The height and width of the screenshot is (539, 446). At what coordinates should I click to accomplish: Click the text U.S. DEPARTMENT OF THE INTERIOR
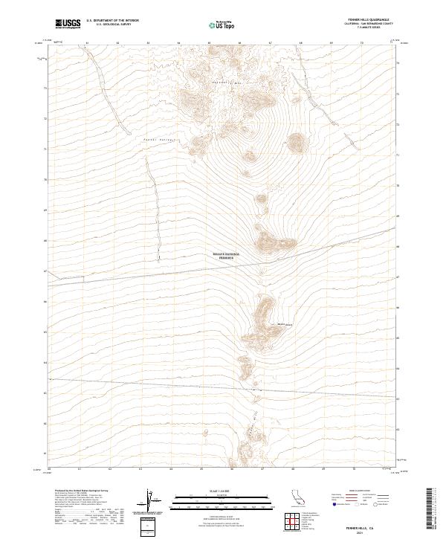112,21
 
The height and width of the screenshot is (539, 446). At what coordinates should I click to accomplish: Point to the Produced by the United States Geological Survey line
78,492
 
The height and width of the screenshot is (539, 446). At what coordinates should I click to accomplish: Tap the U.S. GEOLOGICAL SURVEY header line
111,25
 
